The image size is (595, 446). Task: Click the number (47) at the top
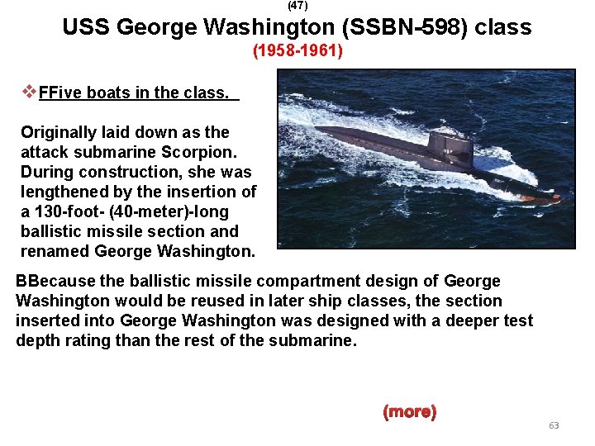coord(297,5)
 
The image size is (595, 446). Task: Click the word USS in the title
coord(87,28)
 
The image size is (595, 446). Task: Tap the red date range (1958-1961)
coord(297,52)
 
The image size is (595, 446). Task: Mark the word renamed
coord(55,251)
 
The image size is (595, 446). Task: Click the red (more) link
coord(409,411)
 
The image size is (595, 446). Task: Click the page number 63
coord(554,425)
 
